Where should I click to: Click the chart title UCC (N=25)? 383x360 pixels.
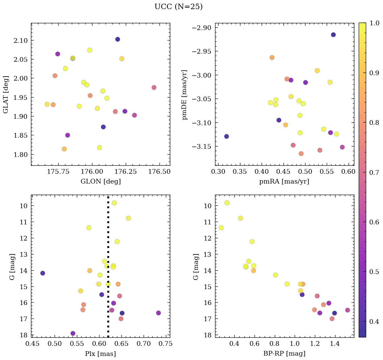178,7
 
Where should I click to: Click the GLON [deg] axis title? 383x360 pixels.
100,182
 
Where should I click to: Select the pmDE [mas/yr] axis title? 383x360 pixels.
185,94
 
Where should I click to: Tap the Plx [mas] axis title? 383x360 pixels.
100,354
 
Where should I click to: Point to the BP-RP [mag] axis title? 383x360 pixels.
285,354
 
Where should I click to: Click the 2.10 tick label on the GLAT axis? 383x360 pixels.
19,40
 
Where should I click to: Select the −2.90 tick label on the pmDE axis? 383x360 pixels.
201,28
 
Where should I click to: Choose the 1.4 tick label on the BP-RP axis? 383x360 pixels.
335,344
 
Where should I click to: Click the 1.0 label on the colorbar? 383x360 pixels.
374,24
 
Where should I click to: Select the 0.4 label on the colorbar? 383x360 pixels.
374,322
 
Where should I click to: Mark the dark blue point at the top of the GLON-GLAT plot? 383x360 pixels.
117,39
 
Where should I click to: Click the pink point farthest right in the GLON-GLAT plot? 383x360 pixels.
154,88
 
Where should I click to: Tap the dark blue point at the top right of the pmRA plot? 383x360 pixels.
333,35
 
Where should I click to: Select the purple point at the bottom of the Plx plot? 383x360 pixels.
73,334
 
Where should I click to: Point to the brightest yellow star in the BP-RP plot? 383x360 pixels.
227,203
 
